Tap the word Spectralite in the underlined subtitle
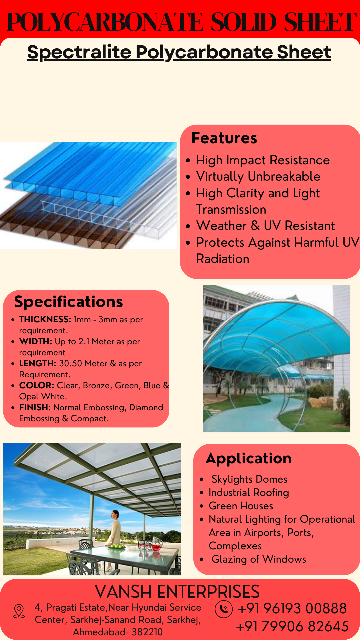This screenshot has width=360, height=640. pyautogui.click(x=79, y=52)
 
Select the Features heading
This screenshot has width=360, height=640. pyautogui.click(x=224, y=138)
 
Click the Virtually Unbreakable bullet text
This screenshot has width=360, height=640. pyautogui.click(x=258, y=176)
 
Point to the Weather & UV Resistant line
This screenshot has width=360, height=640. pyautogui.click(x=265, y=226)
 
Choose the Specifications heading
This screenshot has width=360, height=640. pyautogui.click(x=69, y=302)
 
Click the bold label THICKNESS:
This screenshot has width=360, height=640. pyautogui.click(x=45, y=319)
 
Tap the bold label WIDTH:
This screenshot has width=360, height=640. pyautogui.click(x=36, y=341)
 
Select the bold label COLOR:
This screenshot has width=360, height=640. pyautogui.click(x=37, y=385)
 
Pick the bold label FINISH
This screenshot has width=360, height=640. pyautogui.click(x=34, y=407)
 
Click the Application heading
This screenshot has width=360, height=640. pyautogui.click(x=249, y=459)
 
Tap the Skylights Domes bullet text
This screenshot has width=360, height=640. pyautogui.click(x=249, y=479)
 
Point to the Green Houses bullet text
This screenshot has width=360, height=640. pyautogui.click(x=241, y=506)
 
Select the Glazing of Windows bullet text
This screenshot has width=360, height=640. pyautogui.click(x=259, y=559)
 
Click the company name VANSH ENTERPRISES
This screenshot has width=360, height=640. pyautogui.click(x=177, y=592)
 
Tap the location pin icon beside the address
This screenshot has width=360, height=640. pyautogui.click(x=19, y=611)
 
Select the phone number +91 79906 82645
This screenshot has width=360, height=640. pyautogui.click(x=292, y=626)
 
